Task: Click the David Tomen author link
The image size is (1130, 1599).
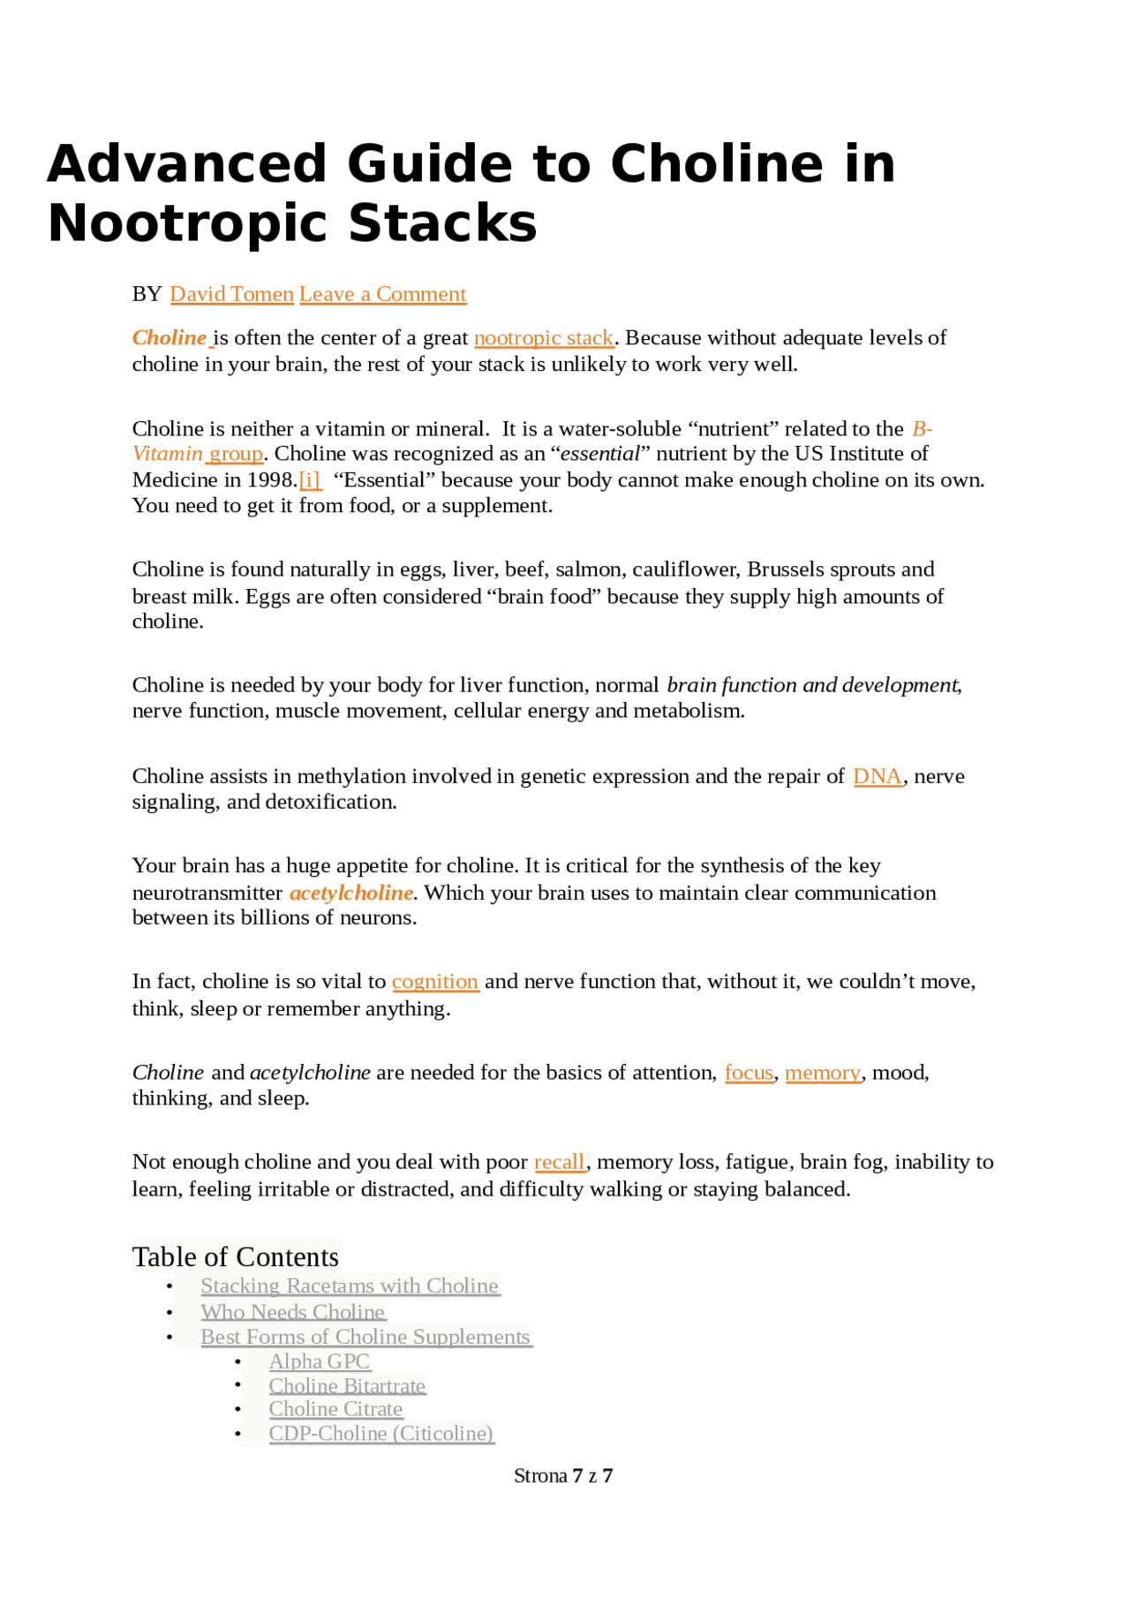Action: click(231, 294)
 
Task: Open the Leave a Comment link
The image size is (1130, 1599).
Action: click(382, 294)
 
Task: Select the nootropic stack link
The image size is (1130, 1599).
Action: click(544, 338)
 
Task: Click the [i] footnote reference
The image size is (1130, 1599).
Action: click(310, 480)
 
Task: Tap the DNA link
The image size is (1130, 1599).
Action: click(878, 776)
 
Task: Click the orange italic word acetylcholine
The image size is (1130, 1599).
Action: click(351, 893)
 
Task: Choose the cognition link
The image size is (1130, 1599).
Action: click(435, 982)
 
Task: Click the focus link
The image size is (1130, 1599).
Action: click(749, 1073)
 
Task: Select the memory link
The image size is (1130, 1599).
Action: click(823, 1073)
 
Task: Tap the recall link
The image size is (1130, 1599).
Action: click(560, 1162)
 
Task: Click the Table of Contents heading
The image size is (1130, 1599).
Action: click(236, 1256)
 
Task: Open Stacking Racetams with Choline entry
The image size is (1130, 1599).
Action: click(350, 1286)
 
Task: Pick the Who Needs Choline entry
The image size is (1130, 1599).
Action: click(293, 1312)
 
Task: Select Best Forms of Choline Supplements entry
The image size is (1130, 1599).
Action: click(365, 1337)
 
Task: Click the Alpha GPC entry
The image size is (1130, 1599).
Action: click(320, 1361)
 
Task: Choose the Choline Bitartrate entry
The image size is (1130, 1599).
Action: click(347, 1386)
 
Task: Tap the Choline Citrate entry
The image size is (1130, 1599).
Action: click(335, 1409)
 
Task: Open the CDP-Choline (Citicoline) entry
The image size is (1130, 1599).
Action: click(380, 1433)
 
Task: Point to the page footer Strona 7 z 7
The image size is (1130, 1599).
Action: click(563, 1475)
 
